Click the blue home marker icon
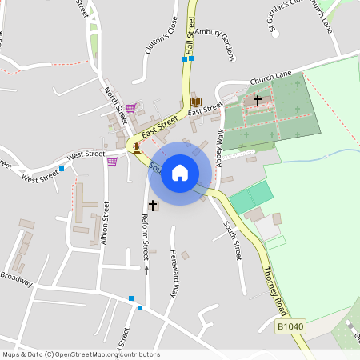(180, 173)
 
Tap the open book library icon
(196, 102)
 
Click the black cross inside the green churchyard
(258, 100)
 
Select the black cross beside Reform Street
(153, 206)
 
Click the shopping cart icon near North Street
(130, 107)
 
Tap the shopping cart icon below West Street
(112, 161)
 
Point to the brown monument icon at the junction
(137, 146)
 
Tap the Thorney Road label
(274, 284)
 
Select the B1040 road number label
(290, 326)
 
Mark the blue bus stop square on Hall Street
(185, 58)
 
